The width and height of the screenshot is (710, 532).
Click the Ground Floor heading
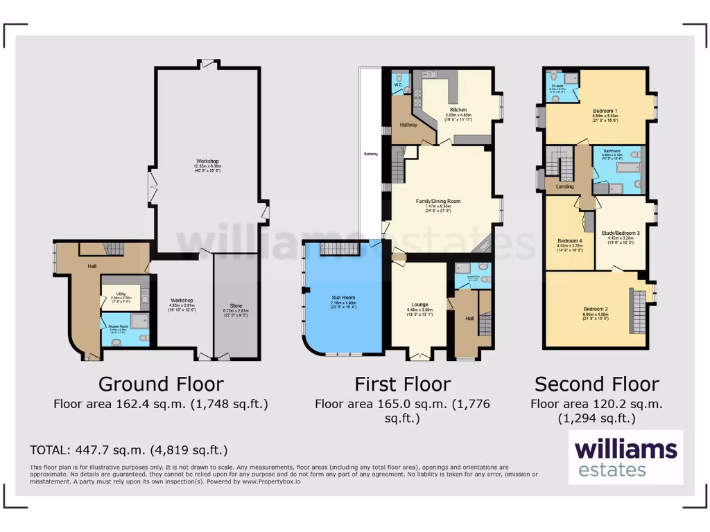pos(161,384)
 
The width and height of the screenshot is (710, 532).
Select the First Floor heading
pos(402,384)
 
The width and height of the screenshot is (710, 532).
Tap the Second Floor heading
pos(596,384)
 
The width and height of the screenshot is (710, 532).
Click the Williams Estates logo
pos(626,457)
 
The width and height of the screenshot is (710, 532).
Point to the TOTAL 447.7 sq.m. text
pos(129,450)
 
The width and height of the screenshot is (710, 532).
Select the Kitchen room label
pos(458,109)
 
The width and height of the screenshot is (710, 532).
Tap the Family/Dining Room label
pos(438,202)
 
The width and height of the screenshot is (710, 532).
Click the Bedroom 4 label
pos(570,241)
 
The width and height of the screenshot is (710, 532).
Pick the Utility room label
pos(120,294)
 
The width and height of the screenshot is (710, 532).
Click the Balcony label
pos(370,154)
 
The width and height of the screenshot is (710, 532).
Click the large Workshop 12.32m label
pos(207,161)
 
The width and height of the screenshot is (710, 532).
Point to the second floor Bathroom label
pos(612,150)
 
